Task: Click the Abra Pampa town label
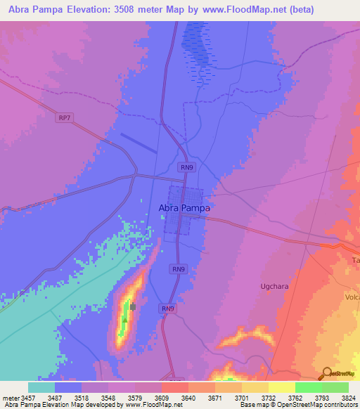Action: tap(184, 208)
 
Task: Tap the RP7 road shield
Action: tap(65, 118)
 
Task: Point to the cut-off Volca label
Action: tap(352, 297)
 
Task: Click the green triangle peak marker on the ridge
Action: tap(124, 319)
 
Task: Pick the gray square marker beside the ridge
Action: tap(131, 306)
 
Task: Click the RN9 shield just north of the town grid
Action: tap(186, 167)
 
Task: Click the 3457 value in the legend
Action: tap(28, 398)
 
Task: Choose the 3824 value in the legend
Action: tap(348, 398)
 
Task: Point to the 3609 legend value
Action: tap(161, 398)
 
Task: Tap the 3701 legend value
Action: tap(241, 398)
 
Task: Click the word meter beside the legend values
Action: tap(10, 398)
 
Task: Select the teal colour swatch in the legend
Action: tap(41, 387)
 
